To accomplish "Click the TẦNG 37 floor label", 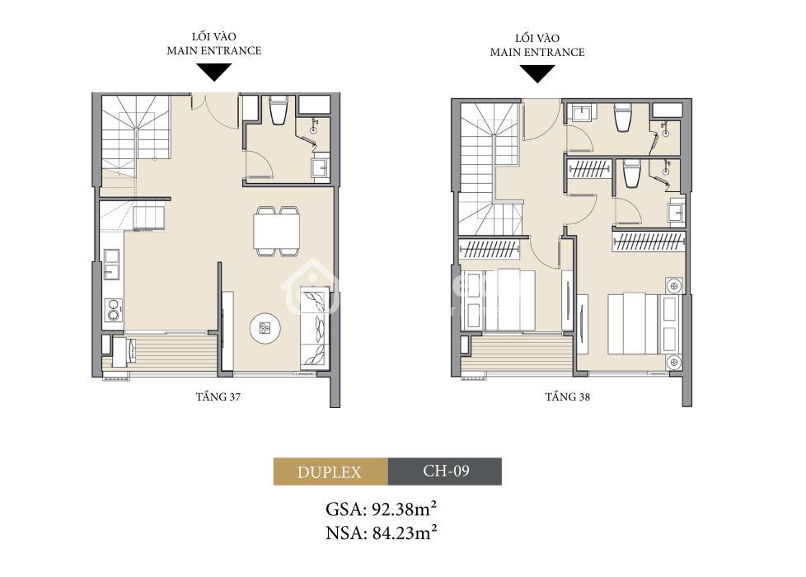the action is (218, 396).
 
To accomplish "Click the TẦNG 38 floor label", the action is (568, 396).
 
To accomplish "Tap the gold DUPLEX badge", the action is (330, 471).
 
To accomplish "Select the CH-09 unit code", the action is (445, 471).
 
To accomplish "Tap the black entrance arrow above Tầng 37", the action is (214, 72).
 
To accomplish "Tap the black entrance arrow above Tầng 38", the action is (537, 73).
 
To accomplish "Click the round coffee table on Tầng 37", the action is (265, 328).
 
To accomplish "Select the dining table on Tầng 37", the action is (277, 231).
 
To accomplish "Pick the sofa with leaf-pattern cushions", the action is (315, 327).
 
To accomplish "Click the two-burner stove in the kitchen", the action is (113, 310).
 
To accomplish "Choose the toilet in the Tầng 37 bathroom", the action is (279, 110).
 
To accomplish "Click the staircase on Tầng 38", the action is (491, 169).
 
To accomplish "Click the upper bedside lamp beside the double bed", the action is (673, 284).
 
